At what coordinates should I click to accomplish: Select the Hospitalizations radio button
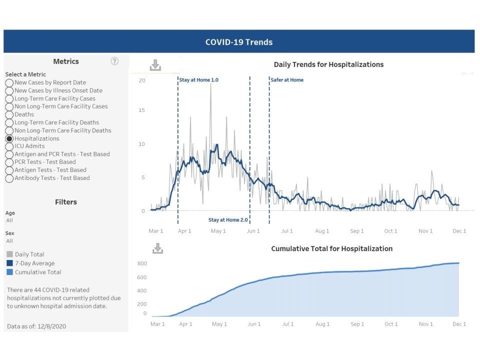pos(9,138)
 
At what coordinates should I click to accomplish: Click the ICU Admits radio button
pos(9,146)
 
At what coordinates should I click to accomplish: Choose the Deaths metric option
pos(9,114)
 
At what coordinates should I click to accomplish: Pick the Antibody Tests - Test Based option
pos(9,178)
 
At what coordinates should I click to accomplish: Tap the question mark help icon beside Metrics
pos(114,61)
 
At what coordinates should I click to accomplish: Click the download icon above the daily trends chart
pos(155,65)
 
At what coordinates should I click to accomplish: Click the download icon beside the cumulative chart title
pos(157,248)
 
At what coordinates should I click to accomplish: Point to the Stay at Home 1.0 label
pos(199,80)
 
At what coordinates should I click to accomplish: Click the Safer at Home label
pos(287,80)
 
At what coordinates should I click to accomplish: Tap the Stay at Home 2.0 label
pos(228,220)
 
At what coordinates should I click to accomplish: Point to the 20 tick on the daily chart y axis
pos(142,80)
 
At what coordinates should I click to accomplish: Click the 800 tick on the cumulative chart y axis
pos(142,263)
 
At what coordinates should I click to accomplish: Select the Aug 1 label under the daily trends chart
pos(322,231)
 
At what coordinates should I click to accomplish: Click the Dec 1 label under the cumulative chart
pos(459,324)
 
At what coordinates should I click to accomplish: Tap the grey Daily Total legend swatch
pos(10,254)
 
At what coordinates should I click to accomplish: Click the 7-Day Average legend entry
pos(34,263)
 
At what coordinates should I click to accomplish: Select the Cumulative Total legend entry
pos(38,272)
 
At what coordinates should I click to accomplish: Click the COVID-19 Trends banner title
pos(239,42)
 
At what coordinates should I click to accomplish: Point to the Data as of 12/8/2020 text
pos(36,326)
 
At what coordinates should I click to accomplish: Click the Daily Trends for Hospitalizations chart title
pos(328,64)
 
